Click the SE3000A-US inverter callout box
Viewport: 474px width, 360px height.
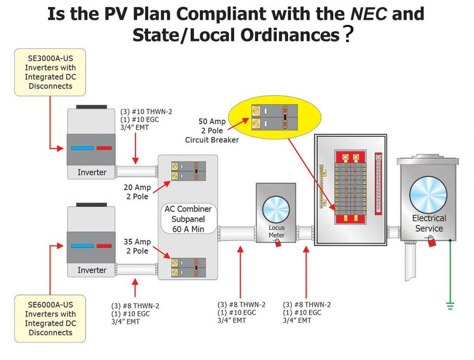50,72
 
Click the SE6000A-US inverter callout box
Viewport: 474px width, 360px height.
50,318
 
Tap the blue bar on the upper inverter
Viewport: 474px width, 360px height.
81,149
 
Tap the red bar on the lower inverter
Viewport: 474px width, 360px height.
104,246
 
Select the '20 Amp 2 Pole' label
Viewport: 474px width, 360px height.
136,192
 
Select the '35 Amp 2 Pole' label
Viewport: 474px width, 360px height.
136,246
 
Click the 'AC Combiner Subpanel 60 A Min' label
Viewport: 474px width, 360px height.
188,218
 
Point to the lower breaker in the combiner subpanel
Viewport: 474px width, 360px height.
188,267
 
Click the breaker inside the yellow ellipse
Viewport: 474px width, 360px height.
269,117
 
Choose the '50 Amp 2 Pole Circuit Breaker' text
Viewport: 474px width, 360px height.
212,130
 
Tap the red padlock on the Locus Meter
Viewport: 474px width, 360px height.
278,243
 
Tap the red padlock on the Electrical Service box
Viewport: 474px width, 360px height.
431,242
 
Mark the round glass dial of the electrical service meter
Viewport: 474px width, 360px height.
428,194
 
